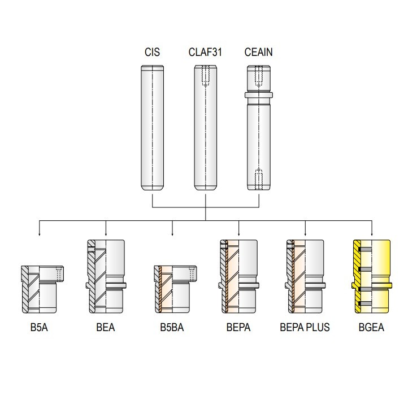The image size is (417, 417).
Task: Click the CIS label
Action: (x=152, y=52)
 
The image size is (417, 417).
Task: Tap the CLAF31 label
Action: (x=205, y=52)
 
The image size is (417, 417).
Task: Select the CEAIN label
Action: (x=258, y=52)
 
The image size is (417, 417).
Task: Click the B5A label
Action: (x=39, y=327)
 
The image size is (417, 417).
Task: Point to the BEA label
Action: (x=106, y=327)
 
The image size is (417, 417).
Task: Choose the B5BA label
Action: (x=172, y=327)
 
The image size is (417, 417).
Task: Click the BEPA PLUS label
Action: (x=305, y=327)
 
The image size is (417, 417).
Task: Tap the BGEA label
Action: (x=371, y=327)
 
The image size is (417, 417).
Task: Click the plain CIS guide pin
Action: (x=152, y=128)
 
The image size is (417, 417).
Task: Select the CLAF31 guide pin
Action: (x=205, y=128)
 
